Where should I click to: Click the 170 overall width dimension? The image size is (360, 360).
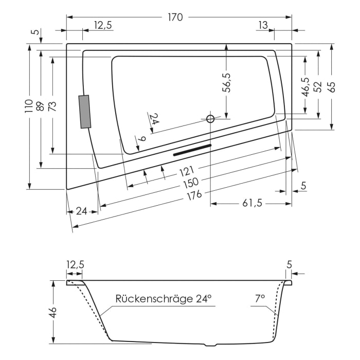pyautogui.click(x=175, y=17)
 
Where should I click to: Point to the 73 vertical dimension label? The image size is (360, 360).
pyautogui.click(x=52, y=106)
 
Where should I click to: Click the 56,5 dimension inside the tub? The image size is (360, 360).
pyautogui.click(x=227, y=82)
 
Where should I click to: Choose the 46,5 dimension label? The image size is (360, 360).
pyautogui.click(x=305, y=87)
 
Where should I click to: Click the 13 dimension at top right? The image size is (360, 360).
pyautogui.click(x=263, y=25)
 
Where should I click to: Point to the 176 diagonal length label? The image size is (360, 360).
pyautogui.click(x=194, y=194)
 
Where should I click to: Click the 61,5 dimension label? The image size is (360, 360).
pyautogui.click(x=252, y=203)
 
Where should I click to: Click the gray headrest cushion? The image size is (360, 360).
pyautogui.click(x=84, y=112)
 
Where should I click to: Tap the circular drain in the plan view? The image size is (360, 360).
pyautogui.click(x=210, y=119)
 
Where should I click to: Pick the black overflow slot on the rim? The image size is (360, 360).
pyautogui.click(x=192, y=150)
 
